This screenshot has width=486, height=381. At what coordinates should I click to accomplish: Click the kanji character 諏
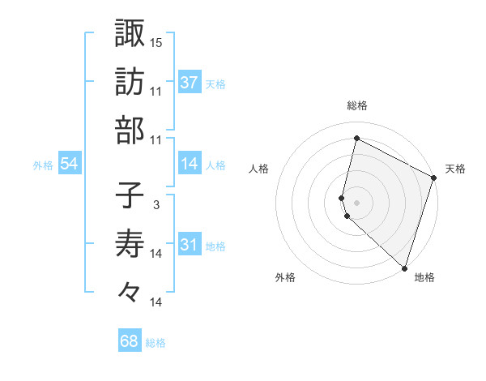point(130,33)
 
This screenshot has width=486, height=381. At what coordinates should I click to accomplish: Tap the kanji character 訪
point(130,82)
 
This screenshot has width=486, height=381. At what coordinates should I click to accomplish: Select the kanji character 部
point(130,131)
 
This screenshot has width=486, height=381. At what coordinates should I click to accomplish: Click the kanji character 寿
point(130,244)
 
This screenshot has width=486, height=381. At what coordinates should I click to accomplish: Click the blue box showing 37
point(190,83)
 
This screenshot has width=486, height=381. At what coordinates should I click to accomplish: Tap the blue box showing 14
point(190,164)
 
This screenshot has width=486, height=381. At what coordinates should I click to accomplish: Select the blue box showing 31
point(190,245)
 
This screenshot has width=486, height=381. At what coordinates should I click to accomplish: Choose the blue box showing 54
point(70,164)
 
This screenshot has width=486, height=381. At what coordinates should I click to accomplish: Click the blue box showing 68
point(130,341)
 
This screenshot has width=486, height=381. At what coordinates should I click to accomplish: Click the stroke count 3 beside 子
point(156,204)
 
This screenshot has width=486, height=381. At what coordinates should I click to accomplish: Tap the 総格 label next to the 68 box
point(156,343)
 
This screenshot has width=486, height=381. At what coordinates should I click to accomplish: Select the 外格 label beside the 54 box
point(43,165)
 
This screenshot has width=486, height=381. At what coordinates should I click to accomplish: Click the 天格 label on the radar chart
point(455,169)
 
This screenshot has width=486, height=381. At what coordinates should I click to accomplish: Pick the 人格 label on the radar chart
point(258,169)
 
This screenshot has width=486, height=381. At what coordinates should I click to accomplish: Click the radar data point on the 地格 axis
point(404,268)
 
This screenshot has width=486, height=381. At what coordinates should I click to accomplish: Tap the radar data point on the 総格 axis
point(356,139)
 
